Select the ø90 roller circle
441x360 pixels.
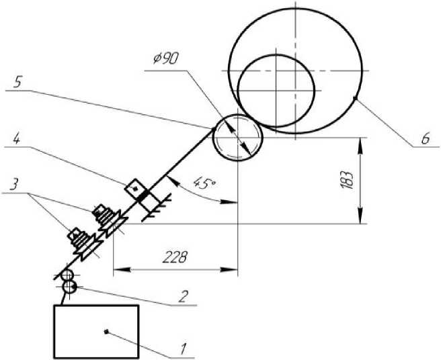coord(236,138)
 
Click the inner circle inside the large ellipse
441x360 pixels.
coord(275,89)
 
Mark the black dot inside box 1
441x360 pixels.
coord(106,331)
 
